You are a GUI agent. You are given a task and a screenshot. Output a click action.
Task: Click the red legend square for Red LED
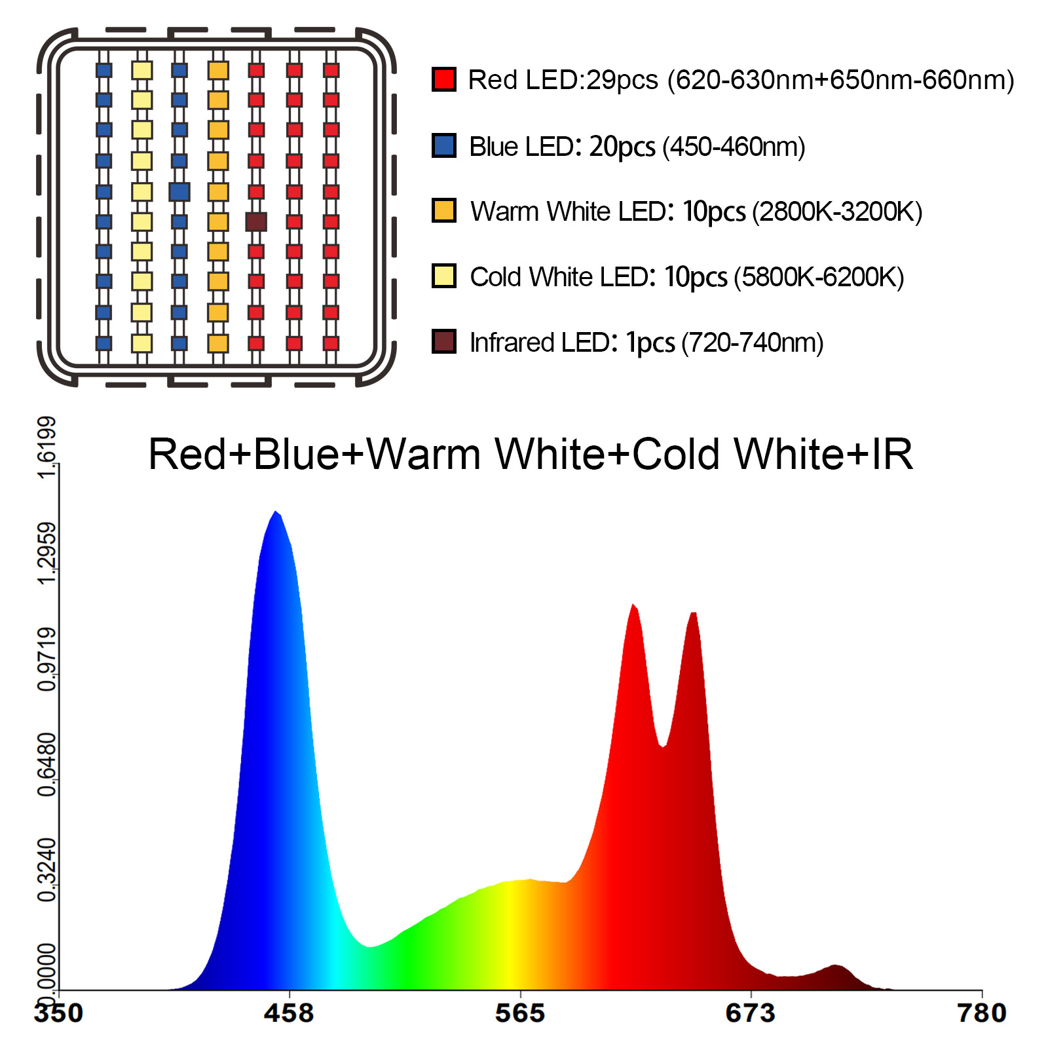[443, 79]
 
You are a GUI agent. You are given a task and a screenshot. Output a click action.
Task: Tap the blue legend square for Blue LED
[443, 145]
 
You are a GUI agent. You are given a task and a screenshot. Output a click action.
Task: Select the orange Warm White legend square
[443, 211]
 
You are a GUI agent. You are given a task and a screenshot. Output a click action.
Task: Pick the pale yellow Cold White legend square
[443, 276]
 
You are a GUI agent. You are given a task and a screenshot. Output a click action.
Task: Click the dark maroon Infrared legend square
[443, 341]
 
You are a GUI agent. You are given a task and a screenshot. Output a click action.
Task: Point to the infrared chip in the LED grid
[256, 221]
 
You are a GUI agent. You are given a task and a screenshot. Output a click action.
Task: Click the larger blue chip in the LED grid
[179, 192]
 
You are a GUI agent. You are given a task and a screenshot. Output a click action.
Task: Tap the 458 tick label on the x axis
[289, 1013]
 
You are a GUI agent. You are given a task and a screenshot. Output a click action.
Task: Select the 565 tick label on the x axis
[520, 1013]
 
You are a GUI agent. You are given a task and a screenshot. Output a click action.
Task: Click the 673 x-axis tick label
[751, 1013]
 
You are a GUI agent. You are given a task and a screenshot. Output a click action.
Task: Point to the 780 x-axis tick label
[981, 1013]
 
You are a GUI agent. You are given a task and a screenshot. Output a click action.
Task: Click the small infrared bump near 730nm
[835, 967]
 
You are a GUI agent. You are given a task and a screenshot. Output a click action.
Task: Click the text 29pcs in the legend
[622, 80]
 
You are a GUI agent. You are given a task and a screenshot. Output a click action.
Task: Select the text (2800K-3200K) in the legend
[837, 212]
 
